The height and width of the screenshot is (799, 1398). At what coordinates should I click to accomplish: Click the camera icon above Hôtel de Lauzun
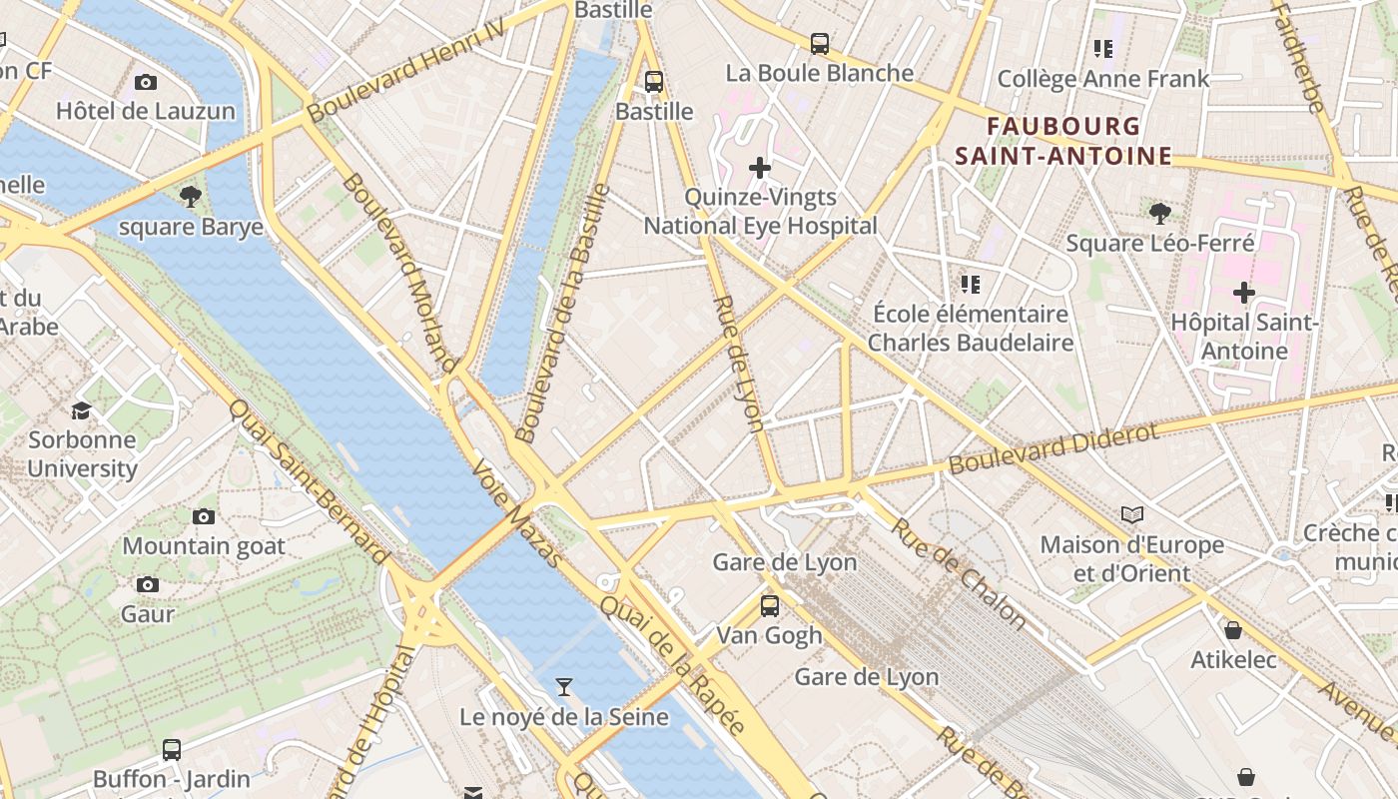point(146,82)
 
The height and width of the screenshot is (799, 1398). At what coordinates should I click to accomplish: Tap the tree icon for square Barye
point(191,197)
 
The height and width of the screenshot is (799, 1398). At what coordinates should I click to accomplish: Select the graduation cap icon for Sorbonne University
point(81,410)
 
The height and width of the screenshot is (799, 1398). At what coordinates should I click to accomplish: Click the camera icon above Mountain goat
point(204,516)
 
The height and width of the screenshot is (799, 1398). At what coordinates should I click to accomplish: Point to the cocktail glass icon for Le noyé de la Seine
point(564,686)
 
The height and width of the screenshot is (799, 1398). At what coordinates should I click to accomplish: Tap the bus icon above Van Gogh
point(769,605)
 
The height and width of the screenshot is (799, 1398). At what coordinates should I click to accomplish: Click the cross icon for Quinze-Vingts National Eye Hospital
point(760,168)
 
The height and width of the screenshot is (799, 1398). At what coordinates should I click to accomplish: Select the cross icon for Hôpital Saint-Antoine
point(1243,293)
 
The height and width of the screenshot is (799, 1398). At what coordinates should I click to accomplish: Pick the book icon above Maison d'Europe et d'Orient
point(1131,514)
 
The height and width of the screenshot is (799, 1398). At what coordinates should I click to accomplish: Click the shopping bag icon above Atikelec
point(1233,630)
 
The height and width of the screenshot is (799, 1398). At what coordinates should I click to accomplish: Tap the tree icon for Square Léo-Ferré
point(1159,213)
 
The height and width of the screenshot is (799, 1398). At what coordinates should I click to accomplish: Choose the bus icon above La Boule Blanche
point(820,44)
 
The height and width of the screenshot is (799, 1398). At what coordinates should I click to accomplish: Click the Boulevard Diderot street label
point(1053,448)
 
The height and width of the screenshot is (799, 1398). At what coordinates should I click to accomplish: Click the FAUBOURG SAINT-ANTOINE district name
point(1063,141)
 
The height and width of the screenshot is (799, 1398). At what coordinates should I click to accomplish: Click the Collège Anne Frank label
point(1103,79)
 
